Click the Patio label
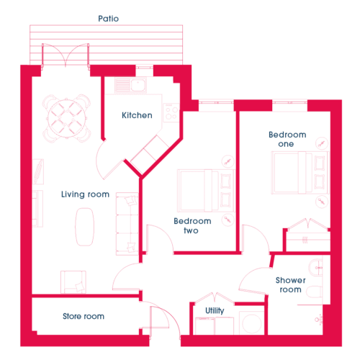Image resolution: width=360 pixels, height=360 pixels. (x=109, y=19)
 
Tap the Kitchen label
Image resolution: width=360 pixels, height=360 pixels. (x=137, y=115)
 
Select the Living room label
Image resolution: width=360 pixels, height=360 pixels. (x=85, y=194)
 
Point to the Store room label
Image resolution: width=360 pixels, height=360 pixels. (x=84, y=316)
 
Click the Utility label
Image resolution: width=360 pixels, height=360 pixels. (x=215, y=311)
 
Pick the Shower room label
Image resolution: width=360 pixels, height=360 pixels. (x=291, y=285)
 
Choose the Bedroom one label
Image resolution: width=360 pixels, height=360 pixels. (x=287, y=139)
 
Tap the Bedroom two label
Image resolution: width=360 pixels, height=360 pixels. (x=192, y=226)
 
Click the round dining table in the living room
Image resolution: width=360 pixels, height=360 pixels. (x=66, y=119)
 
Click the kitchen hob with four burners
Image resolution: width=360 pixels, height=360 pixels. (x=171, y=113)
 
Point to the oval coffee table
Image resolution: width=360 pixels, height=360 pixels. (x=85, y=227)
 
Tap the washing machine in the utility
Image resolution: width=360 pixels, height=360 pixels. (x=251, y=323)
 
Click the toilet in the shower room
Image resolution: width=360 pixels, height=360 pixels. (x=315, y=292)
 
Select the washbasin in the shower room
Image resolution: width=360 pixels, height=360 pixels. (x=316, y=267)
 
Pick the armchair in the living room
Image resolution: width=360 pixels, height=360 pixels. (x=73, y=282)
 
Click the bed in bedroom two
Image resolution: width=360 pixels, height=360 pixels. (x=206, y=191)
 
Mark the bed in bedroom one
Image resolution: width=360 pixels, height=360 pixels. (x=300, y=173)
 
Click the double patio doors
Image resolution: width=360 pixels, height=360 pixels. (x=66, y=55)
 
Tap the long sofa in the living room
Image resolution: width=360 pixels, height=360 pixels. (x=127, y=224)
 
